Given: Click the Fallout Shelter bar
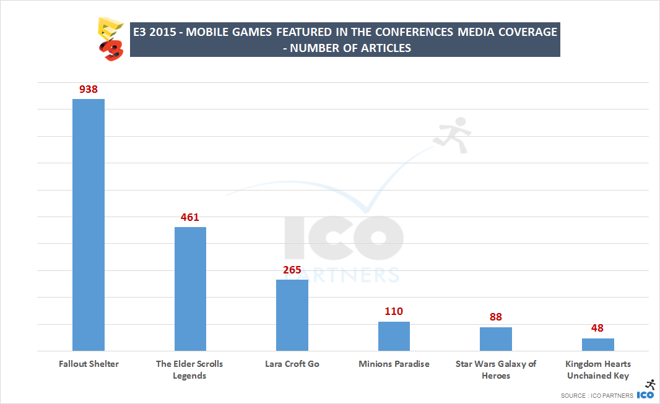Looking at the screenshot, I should tap(89, 225).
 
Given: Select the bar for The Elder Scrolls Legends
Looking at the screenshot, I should tap(190, 289).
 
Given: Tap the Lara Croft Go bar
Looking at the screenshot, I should tap(292, 315).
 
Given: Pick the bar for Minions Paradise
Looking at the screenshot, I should tap(394, 336).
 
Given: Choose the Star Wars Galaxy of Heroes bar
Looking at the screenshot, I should tap(495, 339).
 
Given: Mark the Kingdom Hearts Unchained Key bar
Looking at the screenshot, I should tap(597, 345).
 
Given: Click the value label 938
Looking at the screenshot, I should tap(89, 90).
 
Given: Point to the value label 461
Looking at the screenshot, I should tap(190, 218).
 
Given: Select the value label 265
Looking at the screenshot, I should tap(292, 270).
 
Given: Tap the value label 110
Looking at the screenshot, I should tap(394, 312).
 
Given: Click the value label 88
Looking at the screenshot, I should tap(495, 317).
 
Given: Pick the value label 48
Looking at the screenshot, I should tap(597, 329).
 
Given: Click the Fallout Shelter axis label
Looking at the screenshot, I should tap(89, 364).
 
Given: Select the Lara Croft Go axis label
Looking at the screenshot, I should tap(292, 364).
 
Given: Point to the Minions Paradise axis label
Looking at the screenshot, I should tap(394, 364).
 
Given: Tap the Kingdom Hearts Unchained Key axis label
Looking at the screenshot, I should tap(597, 369).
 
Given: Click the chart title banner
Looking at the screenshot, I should tap(344, 40).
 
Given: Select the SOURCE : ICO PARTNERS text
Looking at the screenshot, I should tap(597, 395).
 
